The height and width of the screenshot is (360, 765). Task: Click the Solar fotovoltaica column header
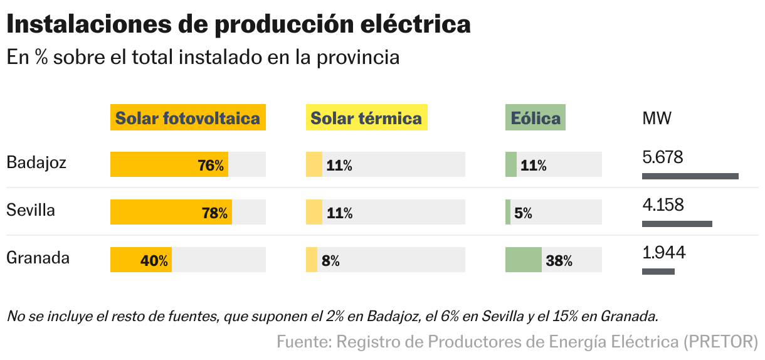click(188, 118)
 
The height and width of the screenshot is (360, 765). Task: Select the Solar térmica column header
click(366, 118)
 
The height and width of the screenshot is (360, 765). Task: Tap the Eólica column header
click(535, 118)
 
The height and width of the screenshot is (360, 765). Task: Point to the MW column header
click(657, 118)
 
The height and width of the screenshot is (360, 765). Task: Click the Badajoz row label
click(36, 163)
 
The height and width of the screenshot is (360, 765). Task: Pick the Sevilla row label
click(31, 210)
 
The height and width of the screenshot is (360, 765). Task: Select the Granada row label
click(38, 258)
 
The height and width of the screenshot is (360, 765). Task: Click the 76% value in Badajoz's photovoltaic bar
click(211, 166)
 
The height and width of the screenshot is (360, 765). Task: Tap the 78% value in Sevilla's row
click(214, 213)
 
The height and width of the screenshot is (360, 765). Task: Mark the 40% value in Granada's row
click(154, 261)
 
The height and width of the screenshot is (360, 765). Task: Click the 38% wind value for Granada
click(559, 261)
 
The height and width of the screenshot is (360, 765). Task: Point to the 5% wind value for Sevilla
click(523, 213)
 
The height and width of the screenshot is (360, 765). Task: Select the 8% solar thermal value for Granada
click(330, 261)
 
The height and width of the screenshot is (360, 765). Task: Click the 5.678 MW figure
click(663, 157)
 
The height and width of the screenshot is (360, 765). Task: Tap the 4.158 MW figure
click(663, 205)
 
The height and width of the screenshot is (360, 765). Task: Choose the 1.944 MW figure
click(664, 253)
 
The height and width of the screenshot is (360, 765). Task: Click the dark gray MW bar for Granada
click(658, 272)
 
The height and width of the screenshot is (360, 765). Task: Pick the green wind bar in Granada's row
click(523, 260)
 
